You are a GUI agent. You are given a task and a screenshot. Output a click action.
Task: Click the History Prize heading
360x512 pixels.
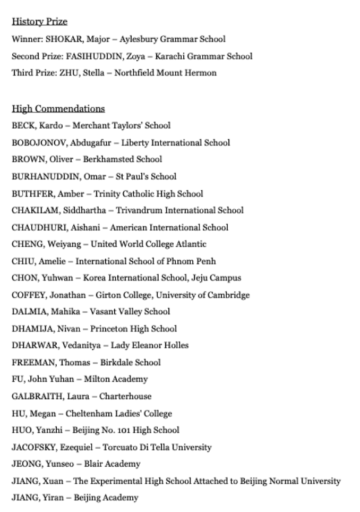coord(39,22)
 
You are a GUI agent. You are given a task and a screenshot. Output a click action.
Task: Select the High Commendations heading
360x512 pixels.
coord(58,109)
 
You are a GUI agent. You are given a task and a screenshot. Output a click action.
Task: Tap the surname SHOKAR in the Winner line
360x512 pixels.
coord(56,39)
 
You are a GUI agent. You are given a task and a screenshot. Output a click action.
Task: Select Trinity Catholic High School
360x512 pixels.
coord(148,193)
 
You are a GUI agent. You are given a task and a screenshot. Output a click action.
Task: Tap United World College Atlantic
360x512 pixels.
coord(148,244)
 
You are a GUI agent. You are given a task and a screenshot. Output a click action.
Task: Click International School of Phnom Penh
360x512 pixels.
coord(145,261)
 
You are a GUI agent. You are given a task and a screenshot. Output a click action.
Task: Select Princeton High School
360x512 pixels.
coord(133,329)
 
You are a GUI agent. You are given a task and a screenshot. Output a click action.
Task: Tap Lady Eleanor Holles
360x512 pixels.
coord(149,346)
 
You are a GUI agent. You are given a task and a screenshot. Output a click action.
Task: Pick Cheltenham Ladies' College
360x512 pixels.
coord(118,413)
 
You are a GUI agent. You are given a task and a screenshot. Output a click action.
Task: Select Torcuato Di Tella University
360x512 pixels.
coord(157,447)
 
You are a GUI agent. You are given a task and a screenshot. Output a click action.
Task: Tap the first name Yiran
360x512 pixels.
coord(53,498)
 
